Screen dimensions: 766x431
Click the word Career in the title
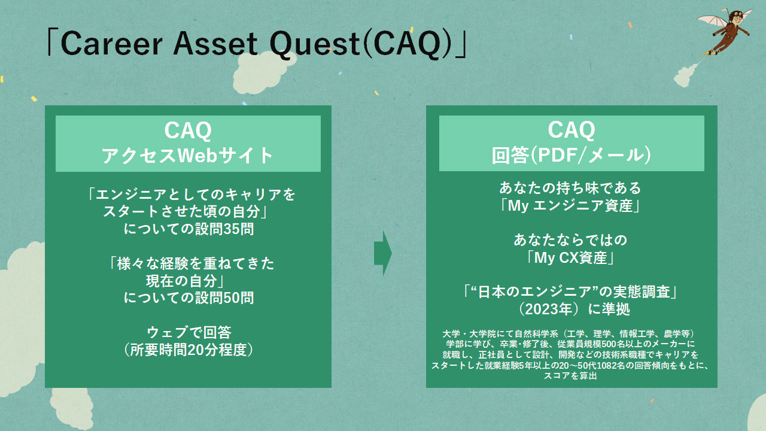pos(111,44)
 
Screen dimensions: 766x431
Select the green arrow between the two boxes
pos(382,253)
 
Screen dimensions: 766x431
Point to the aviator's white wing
pos(713,20)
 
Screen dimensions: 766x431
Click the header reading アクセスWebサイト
pos(187,156)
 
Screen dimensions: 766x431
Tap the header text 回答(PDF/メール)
pos(571,155)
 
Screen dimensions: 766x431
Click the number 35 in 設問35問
pos(231,229)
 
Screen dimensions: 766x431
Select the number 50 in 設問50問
pos(231,298)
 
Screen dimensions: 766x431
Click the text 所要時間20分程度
pos(188,350)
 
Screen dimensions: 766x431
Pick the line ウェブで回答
pos(189,332)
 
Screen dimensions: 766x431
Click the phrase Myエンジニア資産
pos(570,205)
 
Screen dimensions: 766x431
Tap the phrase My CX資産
pos(570,258)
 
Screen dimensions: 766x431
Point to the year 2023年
pos(549,309)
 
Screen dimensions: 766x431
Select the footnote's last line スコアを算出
pos(570,375)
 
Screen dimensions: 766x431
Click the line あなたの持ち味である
pos(570,188)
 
